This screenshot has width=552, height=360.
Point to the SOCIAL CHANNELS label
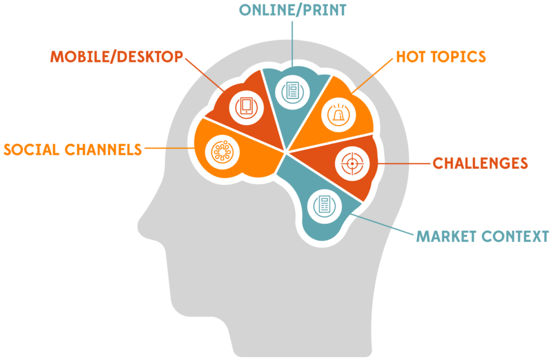pyautogui.click(x=73, y=149)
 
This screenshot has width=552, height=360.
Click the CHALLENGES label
pyautogui.click(x=480, y=163)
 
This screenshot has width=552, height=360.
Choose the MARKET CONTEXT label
pyautogui.click(x=481, y=236)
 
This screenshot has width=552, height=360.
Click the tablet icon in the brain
pyautogui.click(x=246, y=107)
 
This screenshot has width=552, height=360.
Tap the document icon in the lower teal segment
pyautogui.click(x=324, y=205)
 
